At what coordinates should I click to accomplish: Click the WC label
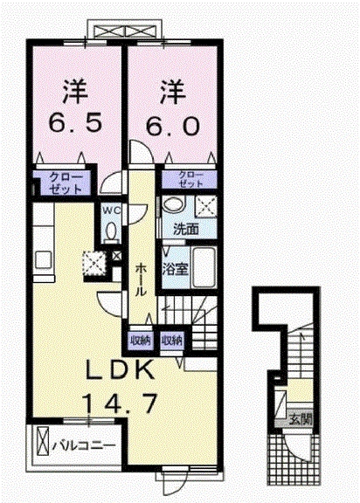click(110, 210)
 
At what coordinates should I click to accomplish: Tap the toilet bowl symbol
click(110, 231)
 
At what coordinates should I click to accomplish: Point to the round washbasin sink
click(172, 205)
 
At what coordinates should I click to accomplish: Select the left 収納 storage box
click(139, 340)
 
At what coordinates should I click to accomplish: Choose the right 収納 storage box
click(172, 340)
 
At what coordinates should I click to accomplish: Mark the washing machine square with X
click(206, 206)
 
